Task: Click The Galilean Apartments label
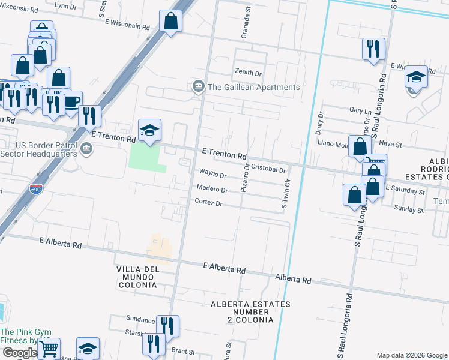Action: click(253, 87)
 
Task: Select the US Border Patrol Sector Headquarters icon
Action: click(86, 148)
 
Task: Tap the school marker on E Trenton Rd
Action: click(149, 130)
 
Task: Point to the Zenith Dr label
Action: click(249, 73)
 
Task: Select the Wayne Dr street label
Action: click(212, 176)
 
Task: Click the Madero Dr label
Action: click(212, 190)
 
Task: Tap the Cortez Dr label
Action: click(209, 203)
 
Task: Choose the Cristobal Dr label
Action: click(268, 169)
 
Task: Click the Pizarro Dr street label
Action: click(244, 179)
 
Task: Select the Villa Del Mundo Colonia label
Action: click(137, 277)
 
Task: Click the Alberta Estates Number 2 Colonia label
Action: click(250, 312)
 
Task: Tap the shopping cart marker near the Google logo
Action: click(49, 347)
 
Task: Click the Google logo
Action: click(19, 353)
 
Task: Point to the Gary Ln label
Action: click(360, 111)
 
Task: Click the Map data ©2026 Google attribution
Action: click(412, 355)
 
